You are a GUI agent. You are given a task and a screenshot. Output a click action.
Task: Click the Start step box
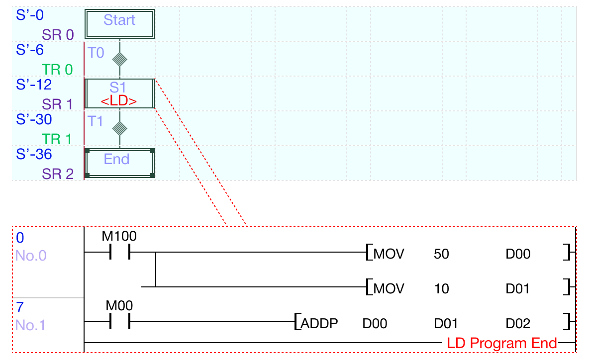pos(119,23)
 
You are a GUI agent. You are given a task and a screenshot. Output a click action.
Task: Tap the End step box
pos(119,163)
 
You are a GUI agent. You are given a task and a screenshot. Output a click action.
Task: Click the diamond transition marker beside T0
pos(119,59)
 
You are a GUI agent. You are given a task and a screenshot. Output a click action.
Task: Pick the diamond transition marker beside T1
pos(119,129)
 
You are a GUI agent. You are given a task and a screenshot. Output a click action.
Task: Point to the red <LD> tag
pos(119,101)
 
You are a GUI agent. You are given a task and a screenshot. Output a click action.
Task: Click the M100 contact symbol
pos(119,253)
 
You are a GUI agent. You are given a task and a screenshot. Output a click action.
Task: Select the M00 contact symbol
pos(119,322)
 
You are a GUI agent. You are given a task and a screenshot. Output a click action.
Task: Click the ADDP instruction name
pos(319,324)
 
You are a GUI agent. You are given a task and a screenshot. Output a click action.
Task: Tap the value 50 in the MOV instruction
pos(441,254)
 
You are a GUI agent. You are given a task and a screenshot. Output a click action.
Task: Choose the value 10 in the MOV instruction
pos(441,289)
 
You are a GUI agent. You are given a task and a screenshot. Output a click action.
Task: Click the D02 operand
pos(518,324)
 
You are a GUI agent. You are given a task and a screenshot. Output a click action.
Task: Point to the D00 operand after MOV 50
pos(518,254)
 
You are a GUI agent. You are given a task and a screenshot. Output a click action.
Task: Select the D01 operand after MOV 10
pos(518,289)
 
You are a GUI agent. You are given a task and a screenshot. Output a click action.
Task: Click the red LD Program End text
pos(501,343)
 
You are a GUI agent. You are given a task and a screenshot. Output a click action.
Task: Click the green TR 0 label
pos(57,70)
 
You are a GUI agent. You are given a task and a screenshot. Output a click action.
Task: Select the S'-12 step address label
pos(34,85)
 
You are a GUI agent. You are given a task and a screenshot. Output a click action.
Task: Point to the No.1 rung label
pos(30,325)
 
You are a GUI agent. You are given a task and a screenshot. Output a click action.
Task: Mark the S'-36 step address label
pos(34,154)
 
